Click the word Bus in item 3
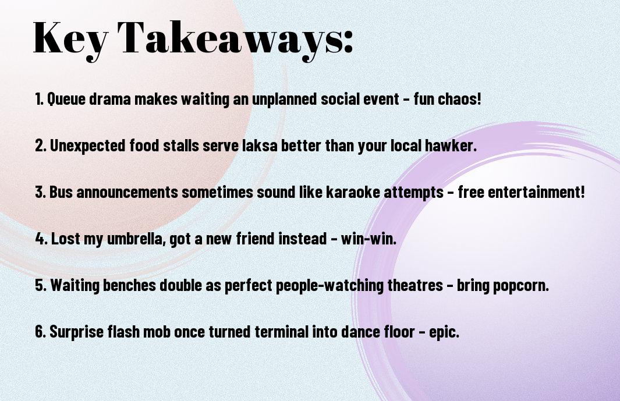61,192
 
